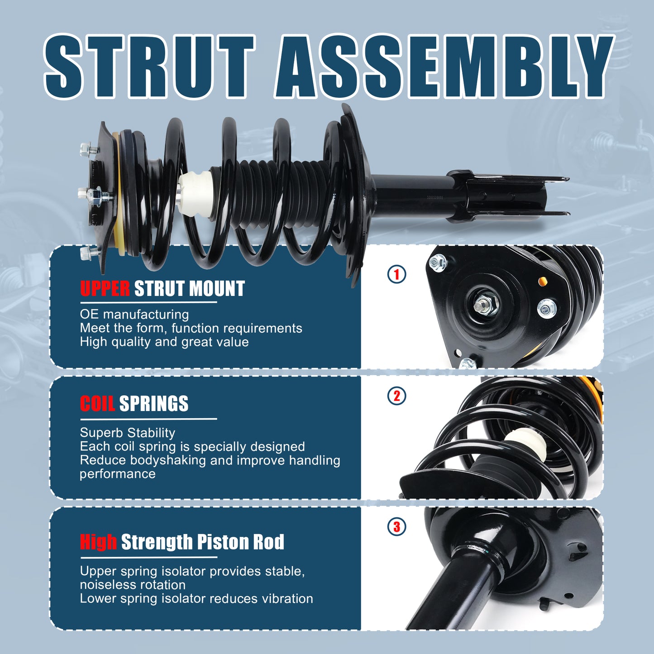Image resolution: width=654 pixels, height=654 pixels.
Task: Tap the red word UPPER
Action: coord(105,289)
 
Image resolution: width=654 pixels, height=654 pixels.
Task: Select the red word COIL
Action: coord(97,404)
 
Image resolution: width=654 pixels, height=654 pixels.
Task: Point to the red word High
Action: coord(98,542)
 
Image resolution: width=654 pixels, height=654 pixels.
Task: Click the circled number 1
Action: coord(397,274)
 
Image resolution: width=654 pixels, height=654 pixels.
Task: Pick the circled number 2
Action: coord(397,396)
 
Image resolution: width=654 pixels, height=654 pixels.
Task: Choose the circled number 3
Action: coord(397,527)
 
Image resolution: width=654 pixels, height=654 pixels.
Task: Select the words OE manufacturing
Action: coord(134,315)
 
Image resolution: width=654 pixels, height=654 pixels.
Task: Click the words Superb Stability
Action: coord(127,433)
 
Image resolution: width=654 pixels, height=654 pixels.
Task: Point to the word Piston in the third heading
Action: coord(223,542)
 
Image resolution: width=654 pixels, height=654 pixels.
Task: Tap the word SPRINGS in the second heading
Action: coord(154,404)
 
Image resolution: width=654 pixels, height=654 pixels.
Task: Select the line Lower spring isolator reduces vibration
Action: coord(196,598)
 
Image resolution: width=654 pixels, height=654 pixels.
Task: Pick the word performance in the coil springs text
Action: coord(118,474)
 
